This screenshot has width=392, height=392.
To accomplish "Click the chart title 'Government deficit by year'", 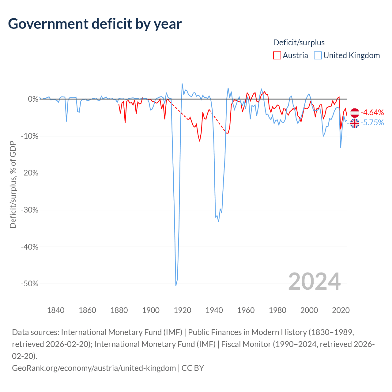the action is pos(95,24).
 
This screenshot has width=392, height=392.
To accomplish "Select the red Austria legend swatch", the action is pos(277,55).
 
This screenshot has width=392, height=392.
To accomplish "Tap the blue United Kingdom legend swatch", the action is pos(318,55).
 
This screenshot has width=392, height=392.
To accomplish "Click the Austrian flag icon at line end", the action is pos(355,113).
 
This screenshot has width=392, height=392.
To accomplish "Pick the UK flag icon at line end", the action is pos(355,123).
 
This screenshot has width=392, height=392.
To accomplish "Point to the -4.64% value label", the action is pos(372,112).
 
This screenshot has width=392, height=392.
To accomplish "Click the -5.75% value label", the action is pos(372,123).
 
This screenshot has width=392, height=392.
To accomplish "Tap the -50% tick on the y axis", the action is pos(29,284).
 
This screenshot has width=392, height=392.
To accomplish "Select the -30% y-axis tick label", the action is pos(29,210).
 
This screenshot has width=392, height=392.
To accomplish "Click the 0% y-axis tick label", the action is pos(33,99).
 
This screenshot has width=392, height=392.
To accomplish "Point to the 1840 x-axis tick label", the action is pos(56,310).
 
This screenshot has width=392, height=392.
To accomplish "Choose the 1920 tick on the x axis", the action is pos(183,310).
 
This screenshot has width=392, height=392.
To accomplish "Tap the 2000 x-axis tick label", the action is pos(309,310).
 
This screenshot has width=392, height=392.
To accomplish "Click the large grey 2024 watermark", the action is pos(314,281).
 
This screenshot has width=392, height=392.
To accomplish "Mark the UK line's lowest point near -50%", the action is pos(176,285).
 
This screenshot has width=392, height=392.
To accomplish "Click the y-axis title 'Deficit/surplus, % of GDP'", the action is pos(13,184).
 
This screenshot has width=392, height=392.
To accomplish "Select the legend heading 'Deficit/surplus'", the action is pos(299,43).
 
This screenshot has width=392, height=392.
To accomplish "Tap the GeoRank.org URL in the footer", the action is pos(94,368).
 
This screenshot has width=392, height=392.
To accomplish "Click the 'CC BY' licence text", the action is pos(193,368).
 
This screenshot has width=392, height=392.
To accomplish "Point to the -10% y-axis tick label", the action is pos(29,136).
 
